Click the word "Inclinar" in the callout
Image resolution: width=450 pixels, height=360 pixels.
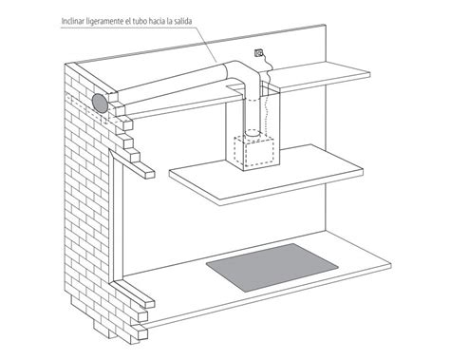click(71, 22)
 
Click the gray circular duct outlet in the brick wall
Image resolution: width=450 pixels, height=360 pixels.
click(100, 104)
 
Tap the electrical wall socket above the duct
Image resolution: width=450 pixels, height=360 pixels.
click(258, 53)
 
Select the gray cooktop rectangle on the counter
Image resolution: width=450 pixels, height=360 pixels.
click(272, 267)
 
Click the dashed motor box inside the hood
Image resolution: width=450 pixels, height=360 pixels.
click(253, 151)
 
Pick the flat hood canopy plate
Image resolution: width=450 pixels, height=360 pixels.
click(266, 175)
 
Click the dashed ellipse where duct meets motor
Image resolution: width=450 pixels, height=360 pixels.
click(253, 133)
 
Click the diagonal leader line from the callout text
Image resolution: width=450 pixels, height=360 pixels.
click(206, 44)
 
